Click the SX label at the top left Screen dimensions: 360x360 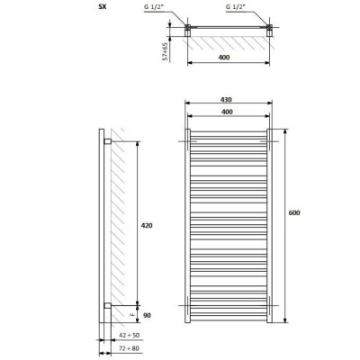103,7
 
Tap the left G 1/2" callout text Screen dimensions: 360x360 154,7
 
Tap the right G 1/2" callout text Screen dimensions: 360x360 236,7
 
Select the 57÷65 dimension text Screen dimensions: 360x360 166,51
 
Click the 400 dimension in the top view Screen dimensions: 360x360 223,58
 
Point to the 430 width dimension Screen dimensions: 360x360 226,100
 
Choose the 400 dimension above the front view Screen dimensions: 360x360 227,112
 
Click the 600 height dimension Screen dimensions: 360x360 294,212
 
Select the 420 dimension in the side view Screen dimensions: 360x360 147,225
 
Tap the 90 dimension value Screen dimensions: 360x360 147,315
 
